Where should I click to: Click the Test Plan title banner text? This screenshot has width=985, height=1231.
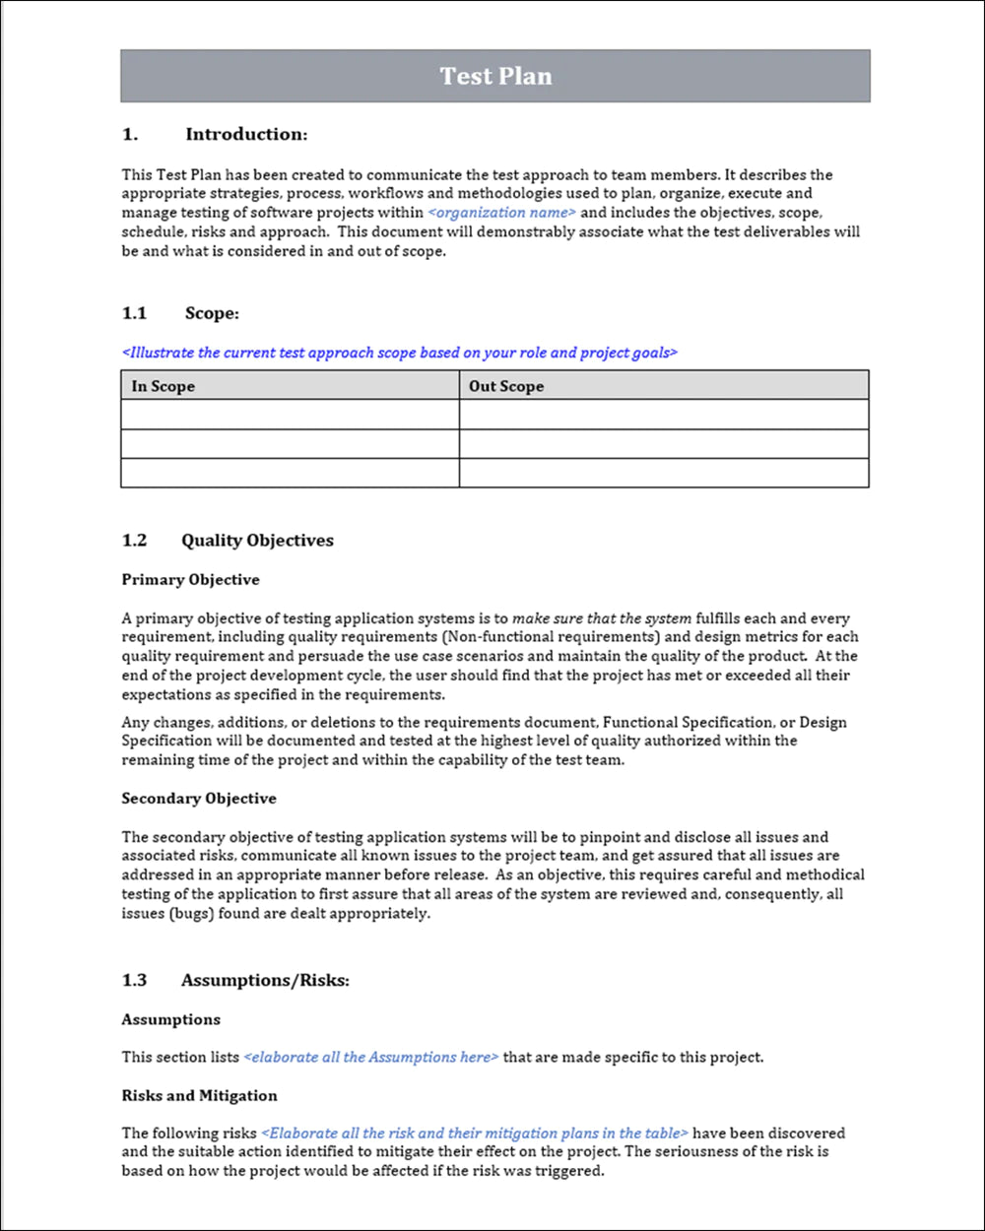[x=495, y=77]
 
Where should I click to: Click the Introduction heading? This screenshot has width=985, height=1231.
[x=246, y=134]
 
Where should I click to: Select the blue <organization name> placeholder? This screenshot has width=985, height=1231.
[x=502, y=213]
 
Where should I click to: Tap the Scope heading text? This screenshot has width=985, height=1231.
[x=212, y=313]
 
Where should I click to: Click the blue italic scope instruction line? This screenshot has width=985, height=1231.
[x=400, y=353]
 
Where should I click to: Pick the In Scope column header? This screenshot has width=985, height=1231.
[x=164, y=386]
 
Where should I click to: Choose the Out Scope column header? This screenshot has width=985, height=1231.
[x=506, y=386]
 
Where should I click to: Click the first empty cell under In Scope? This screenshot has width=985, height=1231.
[x=290, y=415]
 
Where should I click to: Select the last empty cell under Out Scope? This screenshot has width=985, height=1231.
[x=664, y=473]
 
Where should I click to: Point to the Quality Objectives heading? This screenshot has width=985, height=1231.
[x=257, y=540]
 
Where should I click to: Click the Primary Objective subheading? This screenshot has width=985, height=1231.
[x=190, y=580]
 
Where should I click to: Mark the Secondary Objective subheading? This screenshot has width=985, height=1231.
[x=199, y=799]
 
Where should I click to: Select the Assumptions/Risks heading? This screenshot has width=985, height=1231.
[x=265, y=980]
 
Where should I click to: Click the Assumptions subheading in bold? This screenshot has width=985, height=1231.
[x=170, y=1019]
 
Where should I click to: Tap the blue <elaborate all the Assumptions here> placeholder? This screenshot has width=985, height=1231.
[x=371, y=1058]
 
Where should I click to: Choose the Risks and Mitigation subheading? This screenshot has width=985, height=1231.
[x=199, y=1095]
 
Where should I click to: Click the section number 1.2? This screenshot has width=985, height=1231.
[x=134, y=540]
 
